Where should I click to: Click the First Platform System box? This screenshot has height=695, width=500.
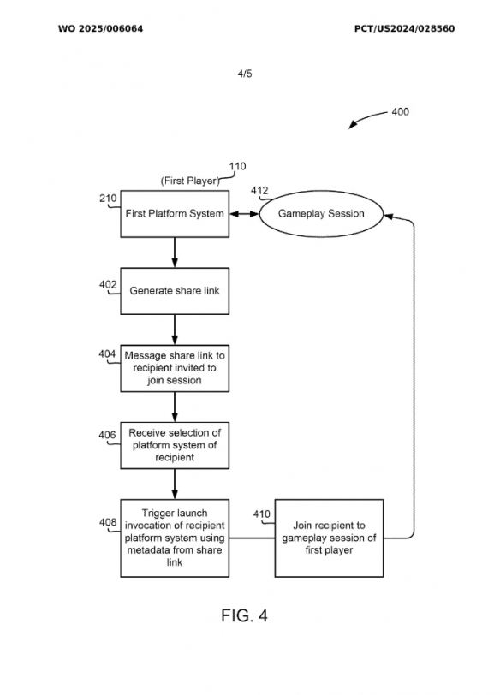tap(175, 214)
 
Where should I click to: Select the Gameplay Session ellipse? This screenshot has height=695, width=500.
tap(321, 214)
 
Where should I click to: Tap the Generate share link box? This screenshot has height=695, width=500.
tap(175, 291)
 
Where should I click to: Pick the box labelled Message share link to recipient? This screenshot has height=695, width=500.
tap(175, 368)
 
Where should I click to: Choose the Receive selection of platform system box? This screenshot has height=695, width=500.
tap(175, 445)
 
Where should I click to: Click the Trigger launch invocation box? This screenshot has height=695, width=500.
tap(175, 538)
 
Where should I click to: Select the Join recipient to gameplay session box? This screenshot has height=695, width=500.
tap(329, 538)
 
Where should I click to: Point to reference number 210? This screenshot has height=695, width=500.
tap(108, 198)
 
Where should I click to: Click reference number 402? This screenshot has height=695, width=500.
tap(108, 284)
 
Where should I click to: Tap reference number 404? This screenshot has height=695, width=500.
tap(107, 353)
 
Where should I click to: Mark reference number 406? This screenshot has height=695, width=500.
tap(107, 435)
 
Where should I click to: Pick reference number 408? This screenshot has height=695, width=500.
tap(108, 522)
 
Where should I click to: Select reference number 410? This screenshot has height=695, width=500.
tap(261, 514)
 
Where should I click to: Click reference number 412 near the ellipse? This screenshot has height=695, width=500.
tap(259, 191)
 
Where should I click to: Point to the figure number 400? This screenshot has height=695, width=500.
tap(401, 111)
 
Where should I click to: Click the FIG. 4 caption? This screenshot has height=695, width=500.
tap(244, 615)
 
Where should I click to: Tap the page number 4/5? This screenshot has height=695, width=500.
tap(245, 74)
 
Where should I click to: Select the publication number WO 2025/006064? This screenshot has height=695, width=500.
tap(101, 29)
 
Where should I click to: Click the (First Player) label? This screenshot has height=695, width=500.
tap(190, 181)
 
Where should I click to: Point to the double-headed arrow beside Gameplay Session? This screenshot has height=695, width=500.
tap(244, 214)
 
